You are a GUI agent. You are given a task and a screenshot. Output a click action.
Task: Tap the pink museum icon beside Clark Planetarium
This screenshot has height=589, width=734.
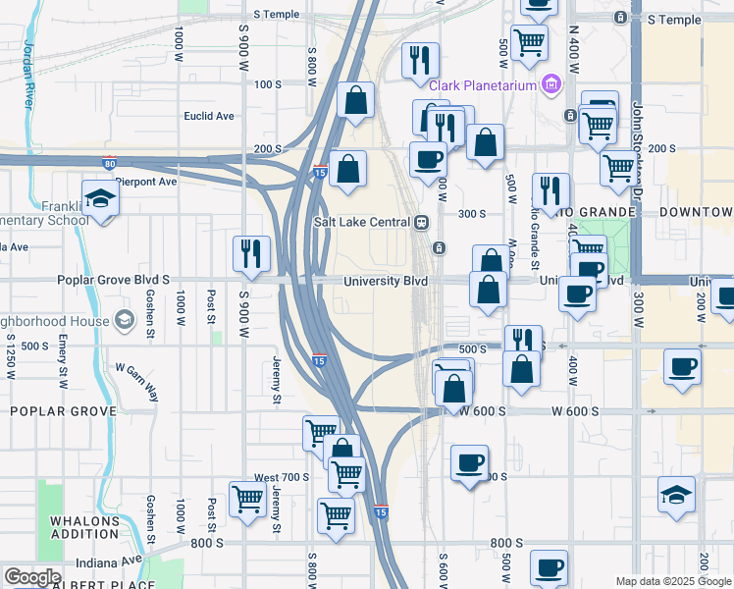(x=551, y=85)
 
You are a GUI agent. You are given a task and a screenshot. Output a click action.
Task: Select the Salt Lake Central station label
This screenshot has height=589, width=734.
(x=360, y=222)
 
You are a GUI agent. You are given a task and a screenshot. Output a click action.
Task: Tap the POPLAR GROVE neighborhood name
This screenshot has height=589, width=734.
(x=63, y=411)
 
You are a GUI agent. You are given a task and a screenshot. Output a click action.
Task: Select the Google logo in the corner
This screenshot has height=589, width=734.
(x=32, y=576)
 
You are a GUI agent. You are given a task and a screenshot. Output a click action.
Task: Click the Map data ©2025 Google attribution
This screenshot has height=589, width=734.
(x=672, y=581)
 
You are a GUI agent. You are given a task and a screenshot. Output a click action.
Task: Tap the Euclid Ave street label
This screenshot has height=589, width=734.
(x=209, y=116)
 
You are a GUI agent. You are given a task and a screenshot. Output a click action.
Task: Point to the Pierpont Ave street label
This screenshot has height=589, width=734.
(x=145, y=182)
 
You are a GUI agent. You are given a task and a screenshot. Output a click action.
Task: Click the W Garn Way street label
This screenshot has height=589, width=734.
(x=137, y=375)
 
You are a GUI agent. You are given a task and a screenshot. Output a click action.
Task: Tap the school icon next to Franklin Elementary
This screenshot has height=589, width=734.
(x=100, y=200)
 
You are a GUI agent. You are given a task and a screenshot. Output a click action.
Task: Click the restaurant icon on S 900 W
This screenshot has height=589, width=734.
(x=251, y=253)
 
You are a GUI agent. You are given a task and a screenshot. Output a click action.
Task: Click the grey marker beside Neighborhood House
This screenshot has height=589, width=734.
(x=125, y=319)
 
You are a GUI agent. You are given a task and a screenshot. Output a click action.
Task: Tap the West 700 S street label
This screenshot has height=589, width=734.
(x=282, y=477)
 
